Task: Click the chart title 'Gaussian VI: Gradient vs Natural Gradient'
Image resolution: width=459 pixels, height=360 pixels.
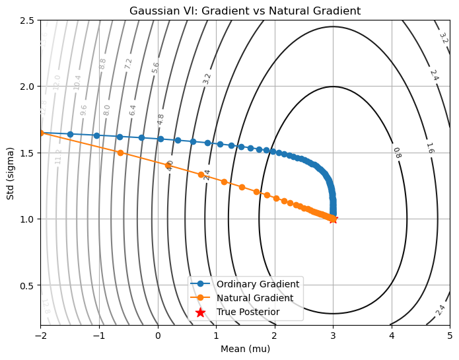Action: (x=245, y=11)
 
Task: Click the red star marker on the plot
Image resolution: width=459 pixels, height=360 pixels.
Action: (x=333, y=219)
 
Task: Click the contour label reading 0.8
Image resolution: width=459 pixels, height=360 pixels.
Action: (x=397, y=153)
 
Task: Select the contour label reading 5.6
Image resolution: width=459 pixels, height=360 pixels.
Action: (x=156, y=67)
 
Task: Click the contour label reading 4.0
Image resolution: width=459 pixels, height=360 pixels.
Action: (x=170, y=166)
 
